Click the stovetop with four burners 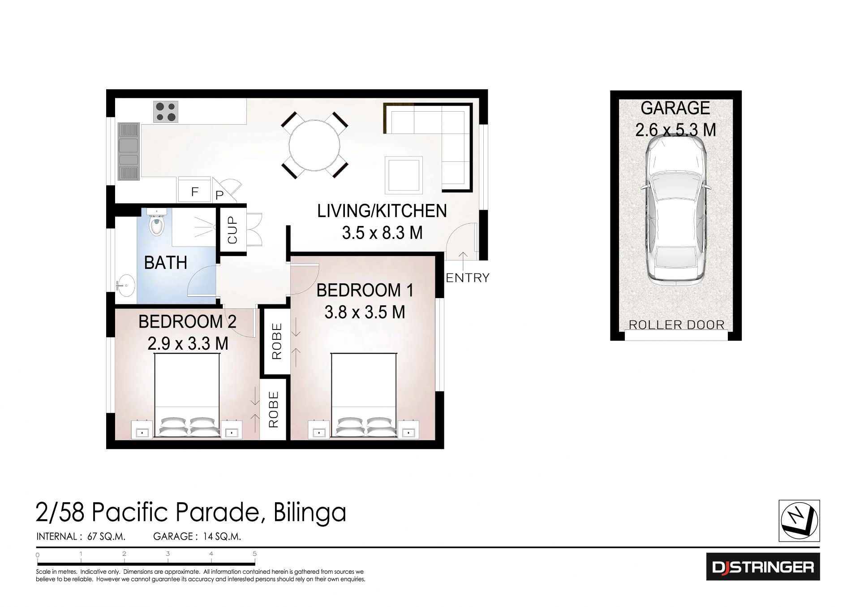click(x=165, y=112)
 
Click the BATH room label click(x=165, y=263)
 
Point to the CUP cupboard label click(x=232, y=230)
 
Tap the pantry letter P click(x=219, y=195)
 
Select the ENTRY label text click(x=468, y=278)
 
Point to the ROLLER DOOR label click(x=677, y=325)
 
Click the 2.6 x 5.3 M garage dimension click(x=675, y=130)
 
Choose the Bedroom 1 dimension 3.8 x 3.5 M click(x=365, y=312)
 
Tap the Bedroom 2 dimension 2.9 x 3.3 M click(x=188, y=343)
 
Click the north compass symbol click(x=800, y=520)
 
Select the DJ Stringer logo click(x=763, y=567)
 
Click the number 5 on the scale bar click(x=254, y=554)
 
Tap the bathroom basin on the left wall click(x=125, y=285)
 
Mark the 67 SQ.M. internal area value click(x=106, y=537)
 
